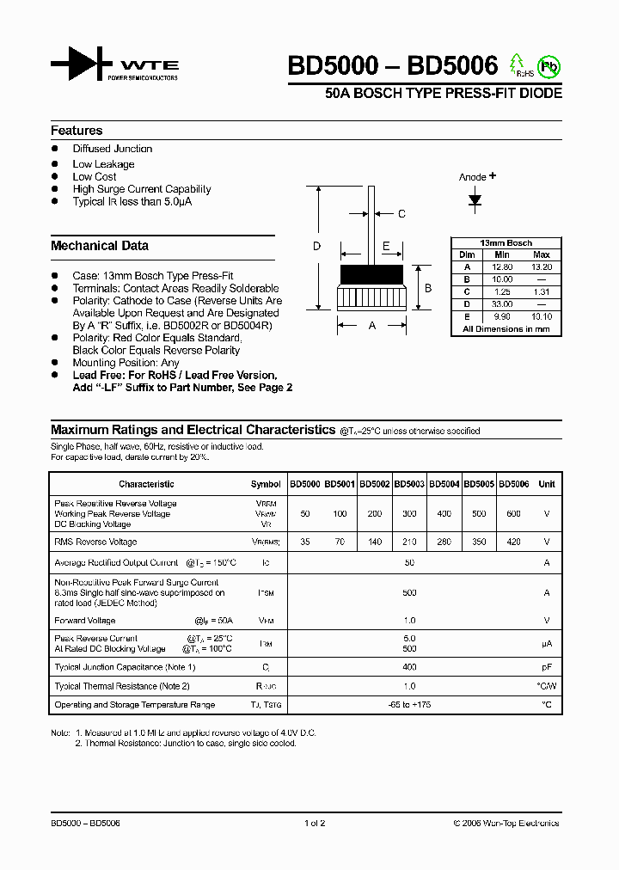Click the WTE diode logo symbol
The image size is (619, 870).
(x=81, y=64)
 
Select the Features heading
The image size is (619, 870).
(x=77, y=131)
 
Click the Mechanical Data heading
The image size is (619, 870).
(x=100, y=246)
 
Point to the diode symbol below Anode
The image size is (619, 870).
(x=475, y=199)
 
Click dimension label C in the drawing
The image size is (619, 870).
(x=401, y=214)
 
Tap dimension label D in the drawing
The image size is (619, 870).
(x=316, y=247)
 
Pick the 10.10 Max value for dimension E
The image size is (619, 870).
(x=542, y=316)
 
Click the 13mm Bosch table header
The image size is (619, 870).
(x=506, y=243)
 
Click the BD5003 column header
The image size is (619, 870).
(x=409, y=484)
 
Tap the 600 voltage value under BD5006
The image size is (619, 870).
(x=513, y=513)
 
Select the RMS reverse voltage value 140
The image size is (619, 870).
(x=374, y=542)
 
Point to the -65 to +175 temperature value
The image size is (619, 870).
(x=408, y=705)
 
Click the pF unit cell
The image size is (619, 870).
(x=546, y=667)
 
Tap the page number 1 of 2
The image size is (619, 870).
(x=315, y=823)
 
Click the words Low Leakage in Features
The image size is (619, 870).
(x=103, y=164)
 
